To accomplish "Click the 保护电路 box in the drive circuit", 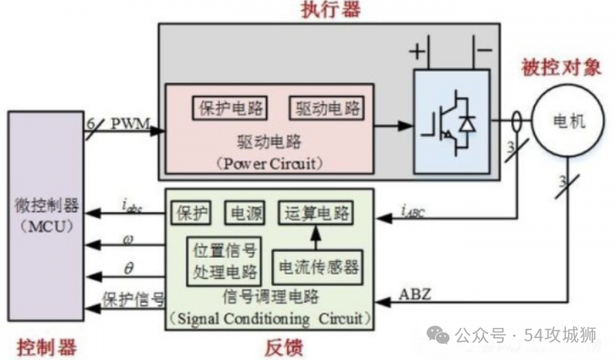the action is tap(230, 108).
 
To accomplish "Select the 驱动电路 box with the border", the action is tap(327, 108).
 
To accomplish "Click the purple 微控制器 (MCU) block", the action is tap(46, 215).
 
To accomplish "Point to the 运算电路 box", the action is tap(316, 213).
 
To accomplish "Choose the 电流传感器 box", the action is tap(318, 267).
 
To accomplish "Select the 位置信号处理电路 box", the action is tap(224, 261).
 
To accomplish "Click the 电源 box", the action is tap(245, 213).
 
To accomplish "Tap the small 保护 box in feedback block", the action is tap(191, 213).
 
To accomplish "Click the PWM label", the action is tap(130, 123).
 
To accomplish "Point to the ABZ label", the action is tap(415, 294).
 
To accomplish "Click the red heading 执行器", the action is tap(330, 9).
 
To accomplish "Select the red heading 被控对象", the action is tap(561, 68).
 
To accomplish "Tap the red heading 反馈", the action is tap(284, 347).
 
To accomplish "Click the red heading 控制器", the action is tap(46, 348).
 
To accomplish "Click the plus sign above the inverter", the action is tap(417, 51).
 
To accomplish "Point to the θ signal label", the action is tap(128, 269).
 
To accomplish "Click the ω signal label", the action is tap(128, 240).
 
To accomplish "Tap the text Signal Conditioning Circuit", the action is tap(270, 319).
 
